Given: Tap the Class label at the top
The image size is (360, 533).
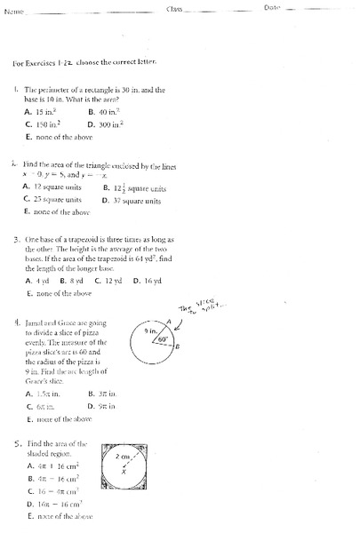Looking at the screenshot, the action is coord(177,8).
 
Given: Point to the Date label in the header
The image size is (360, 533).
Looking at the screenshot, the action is coord(272,7).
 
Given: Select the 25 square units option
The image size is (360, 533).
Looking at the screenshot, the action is coord(55,201).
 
